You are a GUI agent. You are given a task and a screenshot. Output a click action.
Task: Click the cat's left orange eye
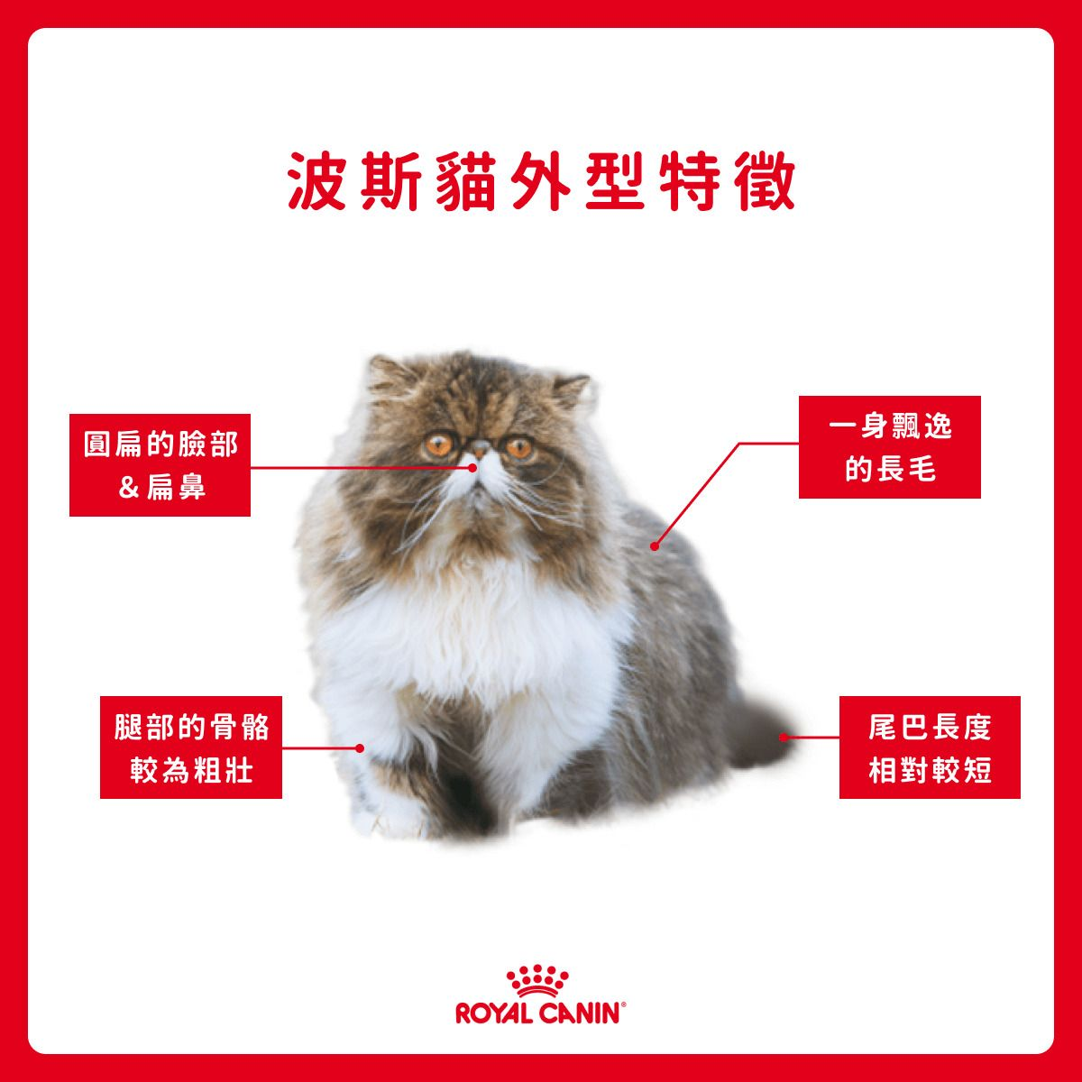[438, 445]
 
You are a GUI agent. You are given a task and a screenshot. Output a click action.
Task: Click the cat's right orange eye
[518, 447]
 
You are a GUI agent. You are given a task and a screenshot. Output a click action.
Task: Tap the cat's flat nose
[479, 448]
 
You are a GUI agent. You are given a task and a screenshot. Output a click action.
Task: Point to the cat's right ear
[571, 390]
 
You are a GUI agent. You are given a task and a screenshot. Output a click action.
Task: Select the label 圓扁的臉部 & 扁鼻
[160, 465]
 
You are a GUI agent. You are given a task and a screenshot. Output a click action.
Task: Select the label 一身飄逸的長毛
[889, 447]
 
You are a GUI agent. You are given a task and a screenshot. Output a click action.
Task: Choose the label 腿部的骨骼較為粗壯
[191, 747]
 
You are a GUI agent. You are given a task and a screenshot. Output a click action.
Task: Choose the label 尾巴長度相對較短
[930, 747]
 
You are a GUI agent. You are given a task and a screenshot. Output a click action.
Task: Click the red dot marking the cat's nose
[472, 468]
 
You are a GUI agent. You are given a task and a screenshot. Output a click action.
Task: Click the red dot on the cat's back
[654, 546]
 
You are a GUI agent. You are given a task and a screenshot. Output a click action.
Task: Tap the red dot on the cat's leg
[360, 748]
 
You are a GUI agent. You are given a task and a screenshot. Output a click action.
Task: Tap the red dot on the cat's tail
[784, 738]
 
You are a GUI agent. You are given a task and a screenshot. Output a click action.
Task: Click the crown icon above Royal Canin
[538, 981]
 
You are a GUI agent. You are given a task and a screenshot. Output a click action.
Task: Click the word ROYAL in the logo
[495, 1014]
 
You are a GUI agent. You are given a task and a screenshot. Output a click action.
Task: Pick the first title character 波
[317, 181]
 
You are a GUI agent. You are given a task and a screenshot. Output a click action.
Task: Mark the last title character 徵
[764, 181]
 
